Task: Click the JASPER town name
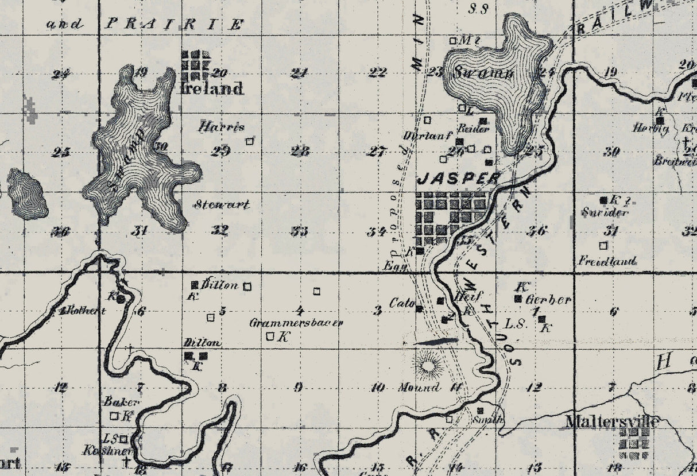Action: (458, 178)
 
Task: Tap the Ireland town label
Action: (211, 89)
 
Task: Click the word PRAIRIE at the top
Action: (175, 24)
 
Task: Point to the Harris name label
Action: (222, 127)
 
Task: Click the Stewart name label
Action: (222, 204)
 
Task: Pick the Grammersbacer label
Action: (296, 323)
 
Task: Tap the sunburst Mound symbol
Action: (428, 364)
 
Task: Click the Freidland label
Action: (607, 261)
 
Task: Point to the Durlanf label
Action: (422, 136)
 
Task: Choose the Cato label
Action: (402, 303)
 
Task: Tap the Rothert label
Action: (87, 311)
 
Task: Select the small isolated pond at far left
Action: (27, 194)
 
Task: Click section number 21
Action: (299, 73)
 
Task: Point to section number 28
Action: (300, 152)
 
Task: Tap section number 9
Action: (298, 387)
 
